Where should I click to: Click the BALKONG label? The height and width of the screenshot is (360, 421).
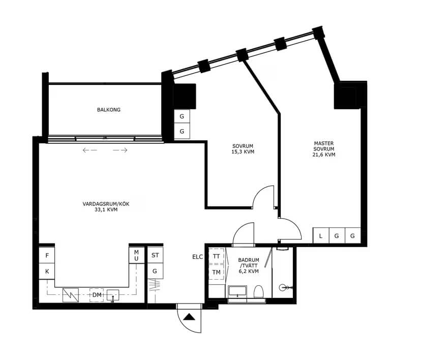coord(109,109)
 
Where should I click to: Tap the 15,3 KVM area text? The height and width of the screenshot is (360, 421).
coord(243,152)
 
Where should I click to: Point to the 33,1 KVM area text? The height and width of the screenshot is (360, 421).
coord(106,209)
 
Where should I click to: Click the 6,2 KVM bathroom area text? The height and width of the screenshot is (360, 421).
coord(249,271)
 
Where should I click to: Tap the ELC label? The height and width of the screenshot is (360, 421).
coord(198,257)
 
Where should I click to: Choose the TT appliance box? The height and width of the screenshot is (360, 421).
coord(217,256)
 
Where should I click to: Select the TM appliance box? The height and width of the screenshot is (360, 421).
coord(217,272)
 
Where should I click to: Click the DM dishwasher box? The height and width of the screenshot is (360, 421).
coord(97,295)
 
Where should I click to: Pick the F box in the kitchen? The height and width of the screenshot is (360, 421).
coord(47,255)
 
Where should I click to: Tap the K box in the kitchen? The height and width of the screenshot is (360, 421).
coord(47,272)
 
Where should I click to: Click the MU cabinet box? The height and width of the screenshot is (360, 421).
coord(136,255)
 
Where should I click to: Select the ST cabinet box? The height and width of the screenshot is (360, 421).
coord(155,255)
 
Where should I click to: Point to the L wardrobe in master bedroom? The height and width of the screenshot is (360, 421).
coord(321,236)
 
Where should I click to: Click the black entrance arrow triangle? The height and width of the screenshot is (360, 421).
coord(189,317)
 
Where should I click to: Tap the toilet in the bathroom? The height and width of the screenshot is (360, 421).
coord(259,291)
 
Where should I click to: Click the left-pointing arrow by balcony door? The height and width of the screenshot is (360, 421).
coord(90,151)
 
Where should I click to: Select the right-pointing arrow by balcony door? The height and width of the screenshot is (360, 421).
coord(120,151)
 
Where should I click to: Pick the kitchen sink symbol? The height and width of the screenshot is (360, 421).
coord(113,296)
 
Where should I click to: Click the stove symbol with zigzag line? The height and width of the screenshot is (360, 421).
coord(71,295)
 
